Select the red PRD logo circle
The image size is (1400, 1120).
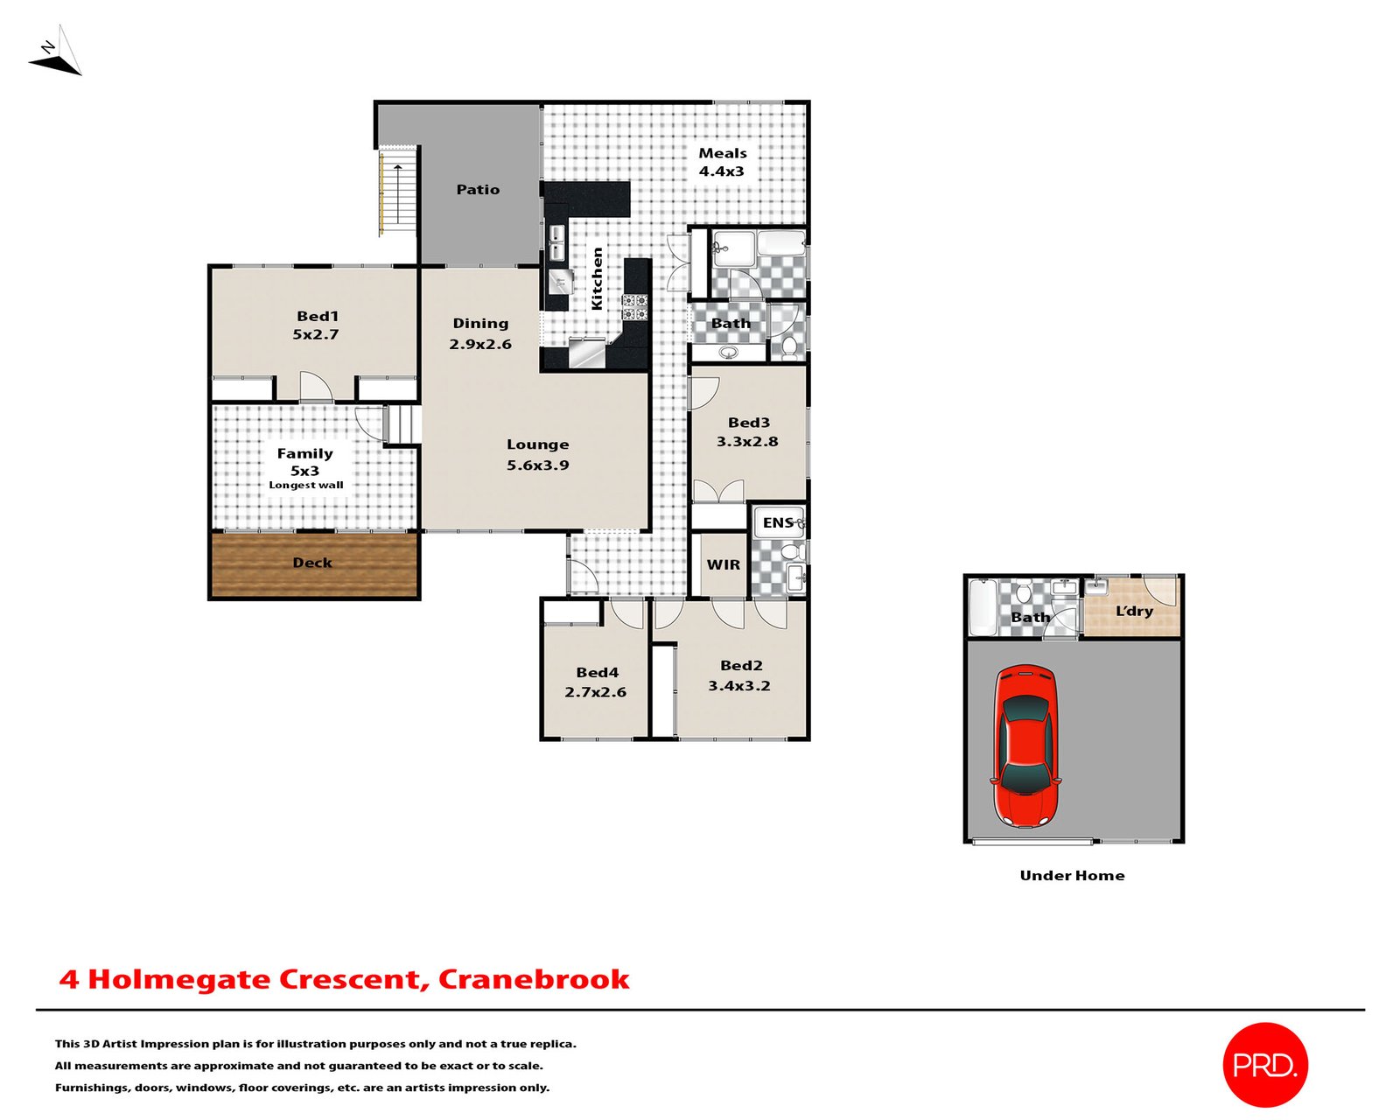pyautogui.click(x=1264, y=1064)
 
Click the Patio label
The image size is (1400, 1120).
pyautogui.click(x=478, y=190)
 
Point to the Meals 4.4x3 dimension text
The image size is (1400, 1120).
pyautogui.click(x=722, y=171)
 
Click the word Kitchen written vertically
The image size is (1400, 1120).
pyautogui.click(x=598, y=278)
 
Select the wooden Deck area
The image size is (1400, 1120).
pyautogui.click(x=313, y=564)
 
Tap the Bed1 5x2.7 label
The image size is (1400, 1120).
pyautogui.click(x=316, y=325)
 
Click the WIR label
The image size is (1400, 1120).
pyautogui.click(x=723, y=565)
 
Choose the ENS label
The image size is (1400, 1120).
pyautogui.click(x=777, y=523)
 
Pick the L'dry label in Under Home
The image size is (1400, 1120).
pyautogui.click(x=1134, y=612)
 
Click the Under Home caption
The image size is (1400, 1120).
pyautogui.click(x=1072, y=876)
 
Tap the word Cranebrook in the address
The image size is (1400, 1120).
pyautogui.click(x=533, y=979)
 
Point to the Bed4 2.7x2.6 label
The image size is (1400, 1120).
pyautogui.click(x=596, y=682)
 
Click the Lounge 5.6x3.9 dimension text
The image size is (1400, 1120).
pyautogui.click(x=537, y=465)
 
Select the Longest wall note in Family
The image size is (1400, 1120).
pyautogui.click(x=306, y=486)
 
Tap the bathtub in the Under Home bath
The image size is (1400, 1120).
pyautogui.click(x=983, y=606)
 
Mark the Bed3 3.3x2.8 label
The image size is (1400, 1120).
pyautogui.click(x=747, y=432)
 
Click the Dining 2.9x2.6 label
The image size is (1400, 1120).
pyautogui.click(x=480, y=334)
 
